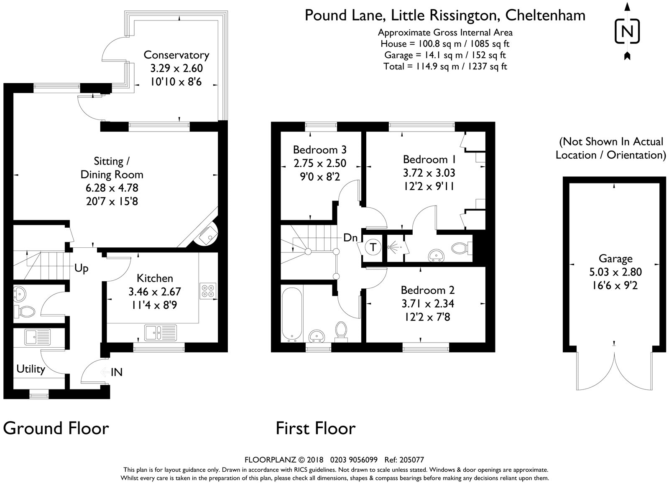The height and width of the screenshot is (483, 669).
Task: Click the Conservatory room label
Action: [x=176, y=55]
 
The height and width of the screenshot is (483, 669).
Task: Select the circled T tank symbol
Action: [x=373, y=247]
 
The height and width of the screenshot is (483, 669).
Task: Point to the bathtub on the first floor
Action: [x=289, y=313]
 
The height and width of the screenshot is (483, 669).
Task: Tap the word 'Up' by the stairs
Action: [x=82, y=268]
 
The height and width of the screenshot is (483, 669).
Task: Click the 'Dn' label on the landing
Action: [x=350, y=238]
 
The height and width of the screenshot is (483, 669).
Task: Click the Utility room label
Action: [x=31, y=369]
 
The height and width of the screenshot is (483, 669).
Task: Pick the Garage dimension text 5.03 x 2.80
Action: [x=615, y=272]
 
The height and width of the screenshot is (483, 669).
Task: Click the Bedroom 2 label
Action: [x=427, y=290]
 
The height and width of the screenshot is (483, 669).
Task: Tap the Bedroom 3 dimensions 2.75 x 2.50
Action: [x=320, y=163]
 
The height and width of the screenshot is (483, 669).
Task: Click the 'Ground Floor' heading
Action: [x=56, y=428]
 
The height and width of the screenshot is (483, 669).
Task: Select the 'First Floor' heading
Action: [x=316, y=428]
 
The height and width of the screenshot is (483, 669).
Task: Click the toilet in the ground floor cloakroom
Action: [x=25, y=311]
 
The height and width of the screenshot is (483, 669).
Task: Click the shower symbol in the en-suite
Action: [x=395, y=247]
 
